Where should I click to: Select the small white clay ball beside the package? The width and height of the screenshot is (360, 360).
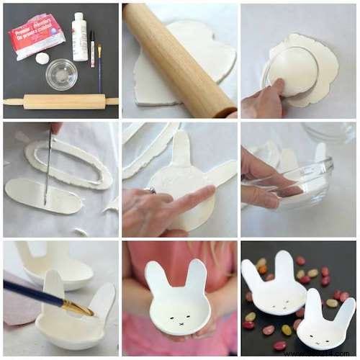[42, 58]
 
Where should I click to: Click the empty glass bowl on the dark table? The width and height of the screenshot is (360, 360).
[61, 73]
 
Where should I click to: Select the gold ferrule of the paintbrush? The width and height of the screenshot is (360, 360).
[78, 307]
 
